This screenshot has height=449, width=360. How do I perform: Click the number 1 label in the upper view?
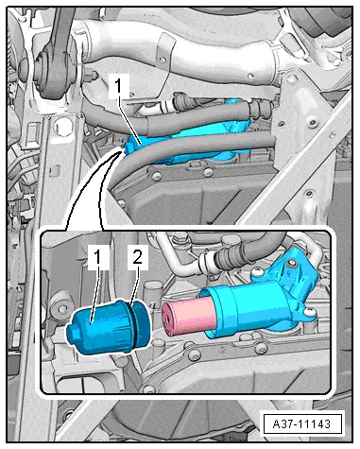(x=118, y=86)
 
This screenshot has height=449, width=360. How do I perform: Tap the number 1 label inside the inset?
(x=98, y=257)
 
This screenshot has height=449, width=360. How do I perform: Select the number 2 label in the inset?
(x=138, y=257)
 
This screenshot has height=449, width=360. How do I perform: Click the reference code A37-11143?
(x=301, y=423)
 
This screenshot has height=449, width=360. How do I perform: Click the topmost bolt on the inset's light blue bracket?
(x=291, y=263)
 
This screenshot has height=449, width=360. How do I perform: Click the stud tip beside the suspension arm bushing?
(x=94, y=75)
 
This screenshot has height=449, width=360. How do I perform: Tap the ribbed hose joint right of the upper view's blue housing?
(x=259, y=109)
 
